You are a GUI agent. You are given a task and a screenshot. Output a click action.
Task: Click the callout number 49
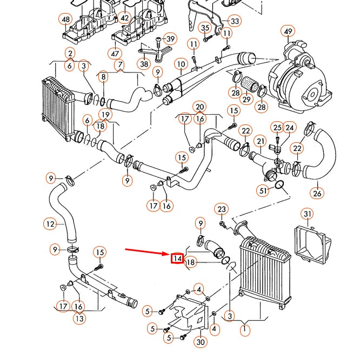click(288, 31)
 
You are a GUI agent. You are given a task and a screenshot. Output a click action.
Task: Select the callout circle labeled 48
click(66, 20)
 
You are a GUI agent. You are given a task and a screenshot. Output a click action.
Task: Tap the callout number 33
click(234, 21)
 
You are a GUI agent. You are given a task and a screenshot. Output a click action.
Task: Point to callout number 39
click(171, 39)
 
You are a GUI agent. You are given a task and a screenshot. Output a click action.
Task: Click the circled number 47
click(115, 53)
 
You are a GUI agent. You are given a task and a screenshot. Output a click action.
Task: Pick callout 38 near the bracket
click(144, 64)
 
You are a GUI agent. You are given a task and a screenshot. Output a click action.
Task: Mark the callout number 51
click(263, 190)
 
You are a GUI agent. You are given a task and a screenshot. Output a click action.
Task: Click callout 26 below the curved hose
click(317, 192)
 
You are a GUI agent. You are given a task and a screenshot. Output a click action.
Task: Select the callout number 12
click(50, 223)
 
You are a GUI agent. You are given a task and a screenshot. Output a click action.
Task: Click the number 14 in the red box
click(177, 259)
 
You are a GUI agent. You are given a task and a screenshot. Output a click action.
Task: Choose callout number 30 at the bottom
click(201, 341)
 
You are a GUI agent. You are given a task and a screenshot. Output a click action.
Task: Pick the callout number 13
click(79, 319)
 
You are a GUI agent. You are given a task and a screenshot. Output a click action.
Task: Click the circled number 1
click(246, 328)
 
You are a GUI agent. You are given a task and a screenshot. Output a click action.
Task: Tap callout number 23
click(222, 209)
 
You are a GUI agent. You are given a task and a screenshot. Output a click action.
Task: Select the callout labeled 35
click(205, 28)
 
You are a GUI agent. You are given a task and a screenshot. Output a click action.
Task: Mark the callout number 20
click(200, 107)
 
